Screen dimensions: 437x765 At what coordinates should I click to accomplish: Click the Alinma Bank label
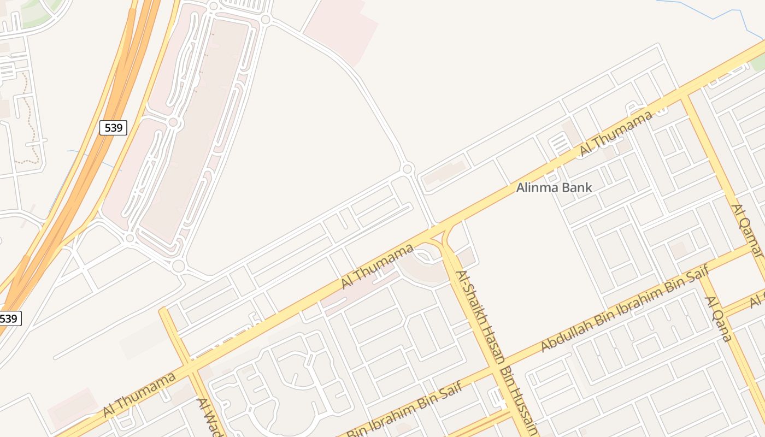[554, 188]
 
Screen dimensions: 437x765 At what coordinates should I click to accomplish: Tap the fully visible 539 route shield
[113, 128]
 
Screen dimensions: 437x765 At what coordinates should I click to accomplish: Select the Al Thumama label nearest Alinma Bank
[616, 133]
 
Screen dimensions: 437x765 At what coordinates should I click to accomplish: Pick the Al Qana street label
[718, 318]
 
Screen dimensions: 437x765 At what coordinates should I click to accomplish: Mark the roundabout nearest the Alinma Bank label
[407, 168]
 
